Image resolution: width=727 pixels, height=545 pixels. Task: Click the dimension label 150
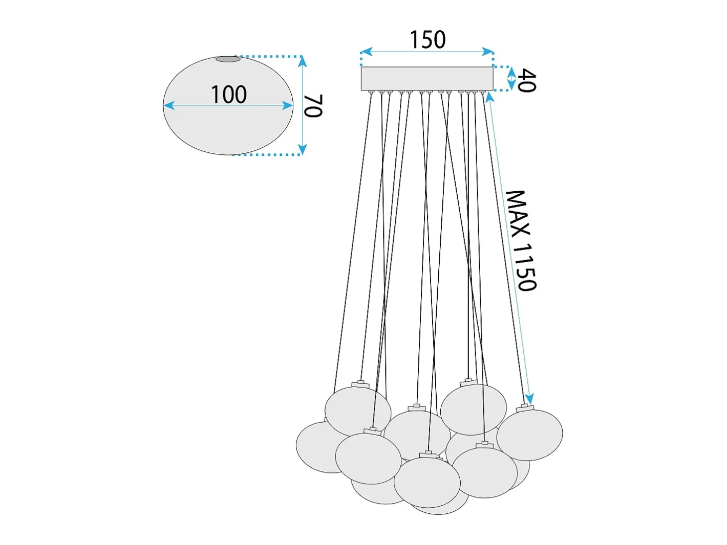point(427,40)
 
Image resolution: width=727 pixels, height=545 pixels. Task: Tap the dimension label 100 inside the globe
point(228,95)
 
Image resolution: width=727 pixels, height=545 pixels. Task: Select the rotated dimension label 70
point(313,106)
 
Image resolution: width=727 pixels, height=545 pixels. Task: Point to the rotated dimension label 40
point(526,81)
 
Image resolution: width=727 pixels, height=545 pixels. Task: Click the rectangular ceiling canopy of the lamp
point(427,78)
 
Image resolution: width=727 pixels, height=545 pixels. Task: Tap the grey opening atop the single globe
point(228,59)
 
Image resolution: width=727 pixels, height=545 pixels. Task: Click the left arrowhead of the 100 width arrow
point(169,105)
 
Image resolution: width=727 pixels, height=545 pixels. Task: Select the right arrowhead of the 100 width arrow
point(287,106)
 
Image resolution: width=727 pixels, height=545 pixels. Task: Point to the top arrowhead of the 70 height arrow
point(302,61)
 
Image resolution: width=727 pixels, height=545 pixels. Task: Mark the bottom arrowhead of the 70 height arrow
point(302,149)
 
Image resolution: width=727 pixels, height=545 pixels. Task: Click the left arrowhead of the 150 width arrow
point(366,52)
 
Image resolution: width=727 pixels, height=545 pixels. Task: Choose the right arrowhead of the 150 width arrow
point(488,52)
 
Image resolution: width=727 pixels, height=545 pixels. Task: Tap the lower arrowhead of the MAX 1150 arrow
point(529,399)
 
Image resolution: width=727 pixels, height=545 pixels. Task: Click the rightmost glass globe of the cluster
point(529,435)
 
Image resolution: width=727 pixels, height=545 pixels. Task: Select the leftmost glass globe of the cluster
point(318,447)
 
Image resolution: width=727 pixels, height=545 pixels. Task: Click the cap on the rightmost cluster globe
point(524,408)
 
